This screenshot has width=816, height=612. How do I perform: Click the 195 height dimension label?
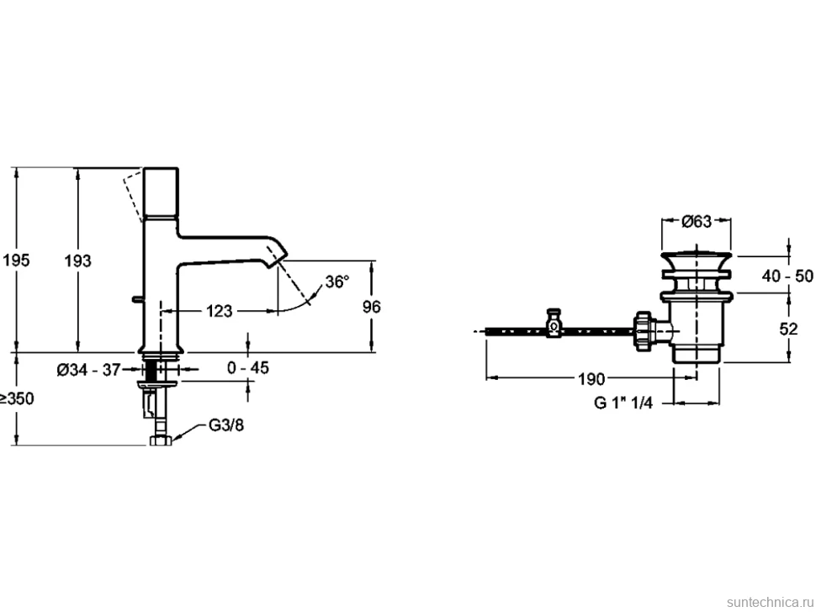[x=16, y=260]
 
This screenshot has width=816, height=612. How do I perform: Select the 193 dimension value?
[x=77, y=260]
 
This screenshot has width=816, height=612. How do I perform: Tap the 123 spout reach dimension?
[x=219, y=311]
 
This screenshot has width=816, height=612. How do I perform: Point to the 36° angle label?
[x=337, y=282]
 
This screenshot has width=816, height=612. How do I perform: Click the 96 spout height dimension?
[x=372, y=307]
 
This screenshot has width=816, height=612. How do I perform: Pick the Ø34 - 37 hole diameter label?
[x=88, y=370]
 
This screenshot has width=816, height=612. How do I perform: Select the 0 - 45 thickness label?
[x=248, y=367]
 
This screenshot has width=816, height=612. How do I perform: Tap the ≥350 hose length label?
[x=17, y=398]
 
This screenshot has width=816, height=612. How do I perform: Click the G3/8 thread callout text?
[x=226, y=425]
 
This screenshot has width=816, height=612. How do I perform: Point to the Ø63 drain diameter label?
[x=697, y=221]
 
